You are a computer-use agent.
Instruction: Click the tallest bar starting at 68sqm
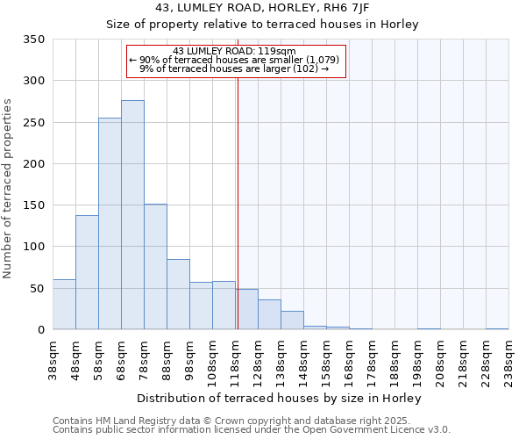(x=132, y=215)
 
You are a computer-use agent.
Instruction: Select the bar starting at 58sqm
(x=110, y=224)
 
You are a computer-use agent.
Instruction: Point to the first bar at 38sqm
(x=64, y=305)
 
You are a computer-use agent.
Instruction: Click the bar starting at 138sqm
(x=292, y=320)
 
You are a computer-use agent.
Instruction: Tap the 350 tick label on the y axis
(x=34, y=40)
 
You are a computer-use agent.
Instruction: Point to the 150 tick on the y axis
(x=34, y=205)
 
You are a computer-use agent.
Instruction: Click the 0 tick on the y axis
(x=40, y=330)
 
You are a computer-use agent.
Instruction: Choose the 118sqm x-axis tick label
(x=235, y=360)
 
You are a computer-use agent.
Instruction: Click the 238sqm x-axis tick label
(x=508, y=360)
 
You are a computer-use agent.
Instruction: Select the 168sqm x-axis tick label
(x=349, y=360)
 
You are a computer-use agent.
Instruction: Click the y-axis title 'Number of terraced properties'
(x=9, y=189)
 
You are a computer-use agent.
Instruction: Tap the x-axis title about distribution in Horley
(x=281, y=399)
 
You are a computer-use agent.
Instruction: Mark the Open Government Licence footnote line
(x=252, y=430)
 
